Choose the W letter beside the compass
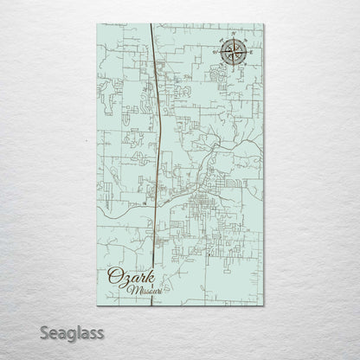(x=213, y=55)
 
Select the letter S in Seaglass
(x=15, y=331)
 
